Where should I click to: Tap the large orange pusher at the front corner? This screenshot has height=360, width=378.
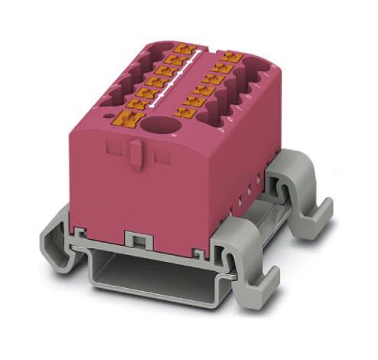[125, 119]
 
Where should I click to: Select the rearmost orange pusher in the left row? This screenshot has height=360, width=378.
[182, 48]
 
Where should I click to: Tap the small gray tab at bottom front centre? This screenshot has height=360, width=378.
[138, 240]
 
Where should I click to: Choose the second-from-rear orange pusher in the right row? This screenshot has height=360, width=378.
[222, 67]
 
